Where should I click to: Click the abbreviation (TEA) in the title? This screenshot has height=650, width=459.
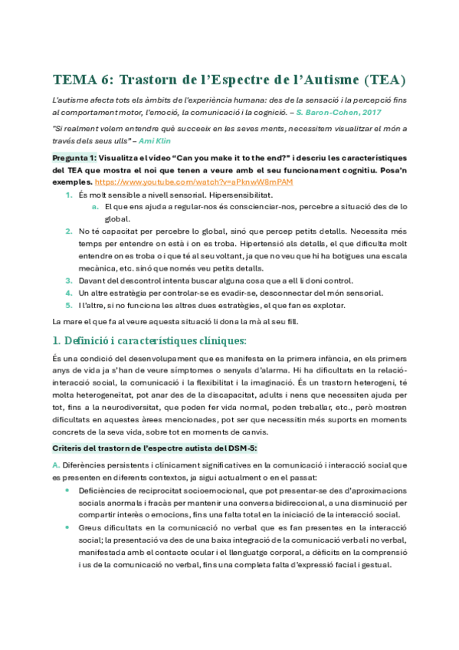pyautogui.click(x=383, y=80)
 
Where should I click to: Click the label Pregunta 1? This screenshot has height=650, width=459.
pyautogui.click(x=76, y=159)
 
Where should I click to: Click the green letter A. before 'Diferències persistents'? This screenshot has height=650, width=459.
pyautogui.click(x=55, y=465)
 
